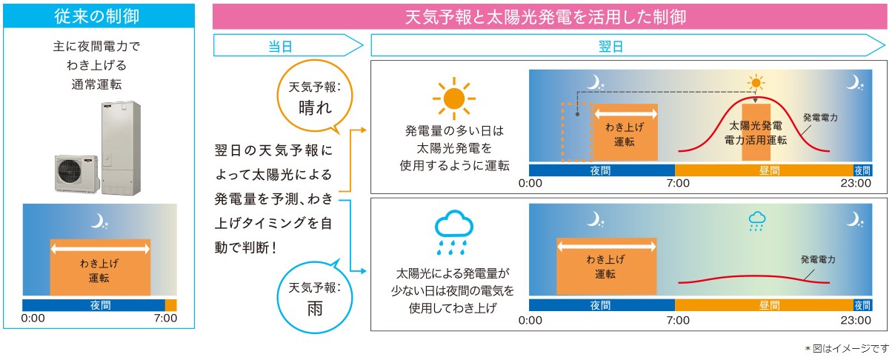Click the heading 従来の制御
[99, 16]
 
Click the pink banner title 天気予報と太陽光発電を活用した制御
[550, 16]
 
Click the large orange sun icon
[454, 97]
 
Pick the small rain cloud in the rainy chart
[756, 221]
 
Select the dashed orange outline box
[576, 132]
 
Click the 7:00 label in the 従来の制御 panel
[164, 319]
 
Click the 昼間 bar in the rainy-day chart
[765, 305]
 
